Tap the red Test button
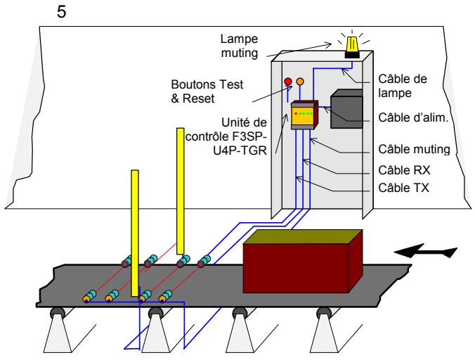click(287, 82)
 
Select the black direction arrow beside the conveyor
click(426, 249)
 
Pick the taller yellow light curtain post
click(181, 190)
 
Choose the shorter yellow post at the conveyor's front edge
click(134, 232)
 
